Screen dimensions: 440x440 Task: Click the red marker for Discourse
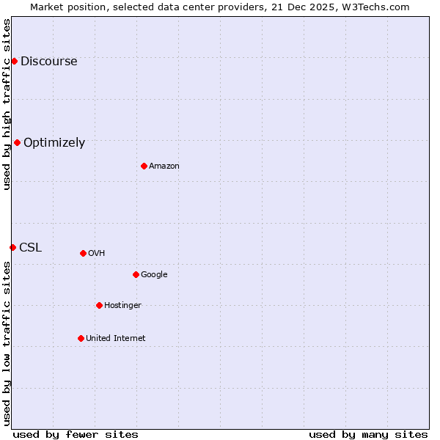coord(14,61)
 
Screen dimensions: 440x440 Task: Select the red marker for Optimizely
coord(17,142)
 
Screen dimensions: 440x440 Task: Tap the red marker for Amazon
coord(144,166)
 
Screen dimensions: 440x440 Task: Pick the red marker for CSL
coord(12,247)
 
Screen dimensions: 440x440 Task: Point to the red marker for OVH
coord(83,253)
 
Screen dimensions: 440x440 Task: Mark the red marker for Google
coord(136,274)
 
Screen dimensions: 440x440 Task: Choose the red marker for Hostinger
coord(99,305)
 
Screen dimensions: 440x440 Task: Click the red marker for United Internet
coord(81,338)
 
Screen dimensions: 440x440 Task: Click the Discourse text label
coord(48,62)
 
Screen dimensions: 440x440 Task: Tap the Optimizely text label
coord(54,143)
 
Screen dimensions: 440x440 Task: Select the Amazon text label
coord(164,166)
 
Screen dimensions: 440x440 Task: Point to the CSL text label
coord(31,248)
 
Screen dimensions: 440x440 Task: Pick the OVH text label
coord(97,254)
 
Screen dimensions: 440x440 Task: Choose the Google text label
coord(154,275)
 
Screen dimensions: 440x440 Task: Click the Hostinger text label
coord(122,306)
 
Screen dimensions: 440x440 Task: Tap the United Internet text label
coord(116,339)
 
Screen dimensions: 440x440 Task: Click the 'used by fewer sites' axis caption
coord(76,435)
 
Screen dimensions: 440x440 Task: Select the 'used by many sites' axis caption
coord(368,435)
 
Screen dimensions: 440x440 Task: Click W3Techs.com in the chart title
coord(376,7)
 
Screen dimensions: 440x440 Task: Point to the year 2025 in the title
coord(307,7)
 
